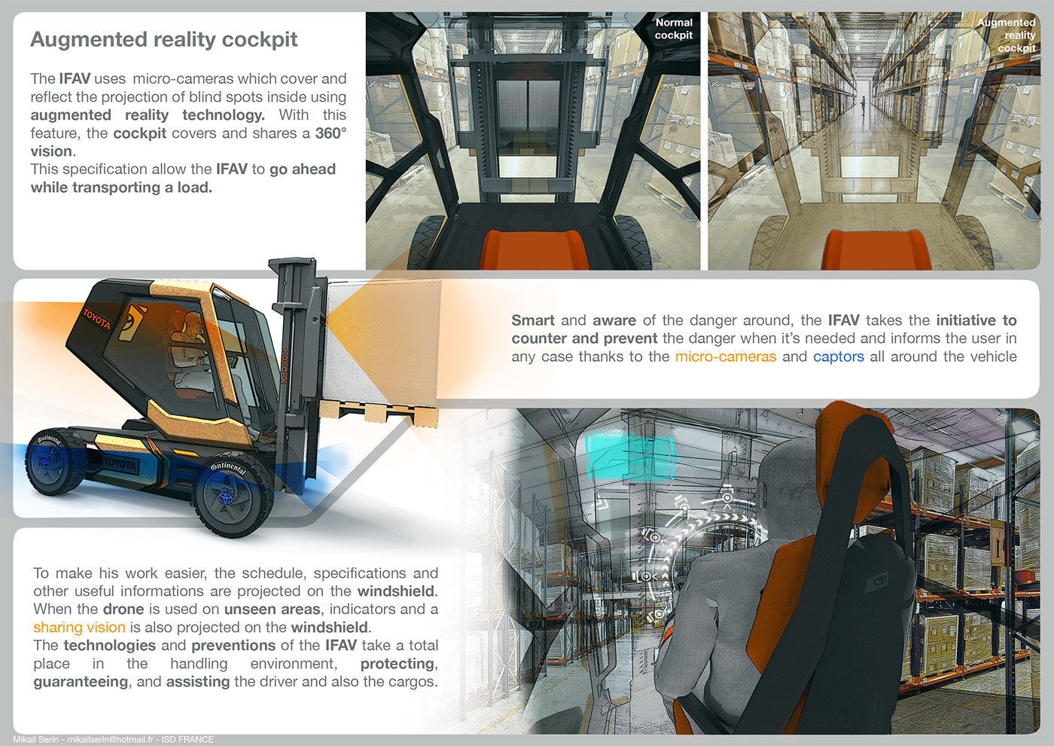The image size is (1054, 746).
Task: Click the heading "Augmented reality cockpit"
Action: (x=164, y=39)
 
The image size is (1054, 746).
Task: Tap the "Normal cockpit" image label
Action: (x=673, y=29)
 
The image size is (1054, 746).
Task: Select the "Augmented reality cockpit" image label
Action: (x=1007, y=35)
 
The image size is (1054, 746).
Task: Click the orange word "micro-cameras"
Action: (x=725, y=356)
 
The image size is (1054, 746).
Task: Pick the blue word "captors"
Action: (x=838, y=356)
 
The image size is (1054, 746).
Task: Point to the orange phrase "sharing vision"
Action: (x=79, y=627)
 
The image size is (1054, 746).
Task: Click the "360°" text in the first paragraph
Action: (x=331, y=133)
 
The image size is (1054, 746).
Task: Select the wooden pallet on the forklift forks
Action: (x=376, y=413)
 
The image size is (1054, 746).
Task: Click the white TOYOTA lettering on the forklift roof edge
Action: (x=96, y=319)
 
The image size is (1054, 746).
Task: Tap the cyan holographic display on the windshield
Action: (x=629, y=457)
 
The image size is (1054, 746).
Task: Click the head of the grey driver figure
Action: (x=787, y=471)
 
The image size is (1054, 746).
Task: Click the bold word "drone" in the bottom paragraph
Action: (x=123, y=609)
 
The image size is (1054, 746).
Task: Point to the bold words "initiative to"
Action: (x=976, y=320)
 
